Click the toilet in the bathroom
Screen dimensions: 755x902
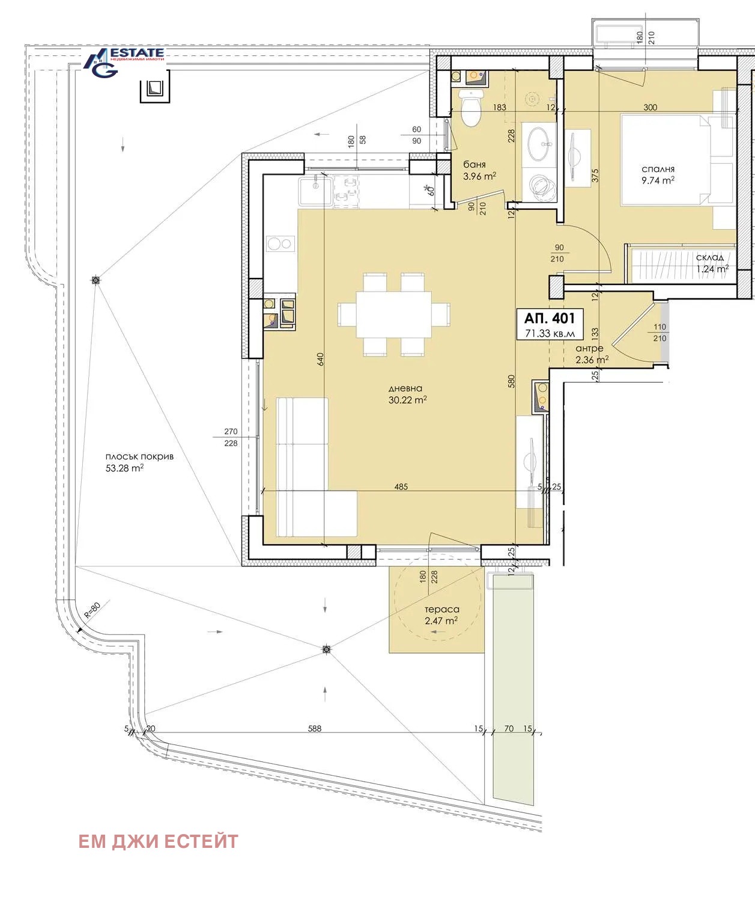point(470,108)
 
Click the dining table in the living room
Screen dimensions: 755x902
point(393,314)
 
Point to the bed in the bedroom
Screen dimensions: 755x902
point(678,160)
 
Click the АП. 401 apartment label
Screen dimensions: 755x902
point(550,318)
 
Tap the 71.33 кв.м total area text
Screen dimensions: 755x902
point(550,333)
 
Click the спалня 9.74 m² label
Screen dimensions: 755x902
point(658,175)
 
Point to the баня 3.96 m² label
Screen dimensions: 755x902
point(479,170)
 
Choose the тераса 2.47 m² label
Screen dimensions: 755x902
point(442,615)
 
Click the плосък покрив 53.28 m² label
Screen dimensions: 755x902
point(139,462)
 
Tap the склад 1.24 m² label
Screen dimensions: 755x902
point(712,263)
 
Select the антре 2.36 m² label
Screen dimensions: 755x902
point(592,354)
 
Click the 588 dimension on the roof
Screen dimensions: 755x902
point(315,728)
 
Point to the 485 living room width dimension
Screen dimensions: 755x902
point(401,486)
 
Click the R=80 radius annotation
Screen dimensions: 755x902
point(92,610)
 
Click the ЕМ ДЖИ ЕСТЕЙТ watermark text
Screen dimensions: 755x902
point(159,841)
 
